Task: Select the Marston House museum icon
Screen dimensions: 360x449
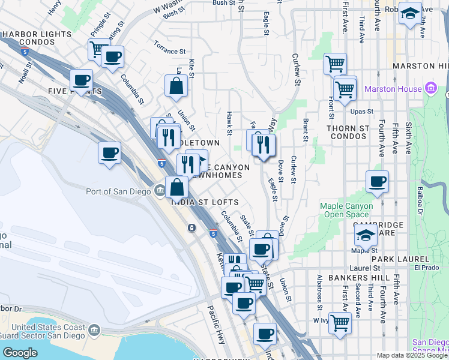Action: [x=430, y=89]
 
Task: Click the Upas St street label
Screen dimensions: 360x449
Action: [x=362, y=112]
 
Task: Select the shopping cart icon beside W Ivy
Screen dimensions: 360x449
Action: [x=340, y=322]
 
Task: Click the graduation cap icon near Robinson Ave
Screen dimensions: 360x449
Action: [x=410, y=13]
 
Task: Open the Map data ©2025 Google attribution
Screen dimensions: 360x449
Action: [x=411, y=355]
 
